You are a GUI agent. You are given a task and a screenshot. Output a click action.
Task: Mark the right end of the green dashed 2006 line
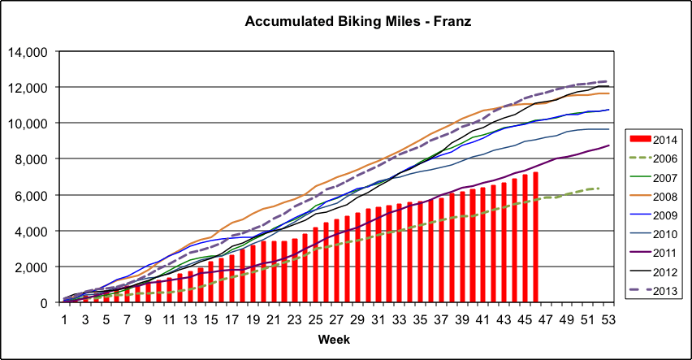pos(598,189)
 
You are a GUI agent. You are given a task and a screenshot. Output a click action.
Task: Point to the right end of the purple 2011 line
pos(608,145)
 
